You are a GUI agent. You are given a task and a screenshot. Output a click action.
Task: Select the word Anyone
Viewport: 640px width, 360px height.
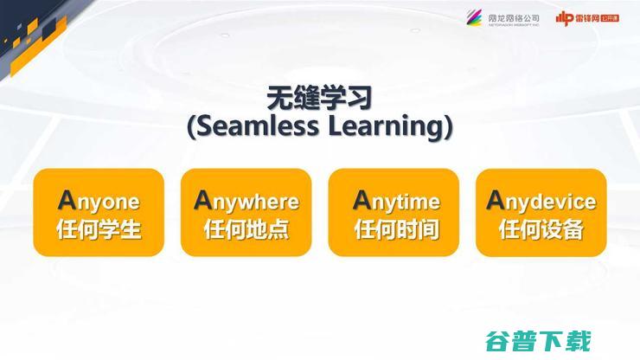point(99,201)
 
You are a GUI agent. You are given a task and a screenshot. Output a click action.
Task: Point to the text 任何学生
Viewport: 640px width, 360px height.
point(99,230)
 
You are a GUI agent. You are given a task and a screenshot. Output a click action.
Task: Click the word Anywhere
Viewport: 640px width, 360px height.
point(246,201)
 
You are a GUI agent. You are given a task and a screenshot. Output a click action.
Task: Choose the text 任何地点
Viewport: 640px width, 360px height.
point(246,230)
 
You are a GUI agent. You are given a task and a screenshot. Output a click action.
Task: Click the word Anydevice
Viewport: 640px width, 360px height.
point(541,201)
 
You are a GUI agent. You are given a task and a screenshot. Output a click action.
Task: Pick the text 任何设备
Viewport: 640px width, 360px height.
point(541,230)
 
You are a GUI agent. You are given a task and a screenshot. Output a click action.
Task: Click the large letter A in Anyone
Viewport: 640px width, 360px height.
point(67,200)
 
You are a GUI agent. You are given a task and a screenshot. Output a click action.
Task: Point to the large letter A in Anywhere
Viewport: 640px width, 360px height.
point(203,200)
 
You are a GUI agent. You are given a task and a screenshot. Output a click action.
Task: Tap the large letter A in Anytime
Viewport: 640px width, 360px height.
point(362,200)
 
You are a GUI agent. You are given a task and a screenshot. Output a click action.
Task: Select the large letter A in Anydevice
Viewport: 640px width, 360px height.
point(496,200)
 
